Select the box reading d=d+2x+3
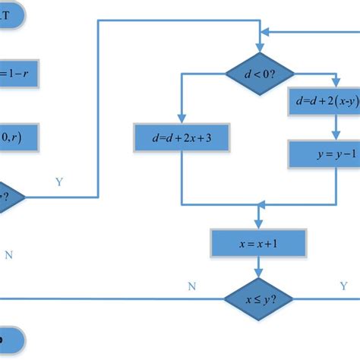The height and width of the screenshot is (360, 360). (x=182, y=137)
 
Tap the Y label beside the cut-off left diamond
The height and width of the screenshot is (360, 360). (x=59, y=182)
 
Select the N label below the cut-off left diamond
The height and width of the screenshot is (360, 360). (x=9, y=255)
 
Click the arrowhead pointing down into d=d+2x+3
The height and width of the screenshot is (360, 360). (x=182, y=119)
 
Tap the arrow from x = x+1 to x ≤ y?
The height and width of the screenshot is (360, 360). (x=259, y=267)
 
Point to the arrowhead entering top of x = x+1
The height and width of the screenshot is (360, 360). (x=259, y=224)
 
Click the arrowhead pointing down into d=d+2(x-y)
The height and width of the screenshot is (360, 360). (x=335, y=84)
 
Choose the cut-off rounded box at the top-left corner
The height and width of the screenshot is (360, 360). (x=14, y=17)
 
